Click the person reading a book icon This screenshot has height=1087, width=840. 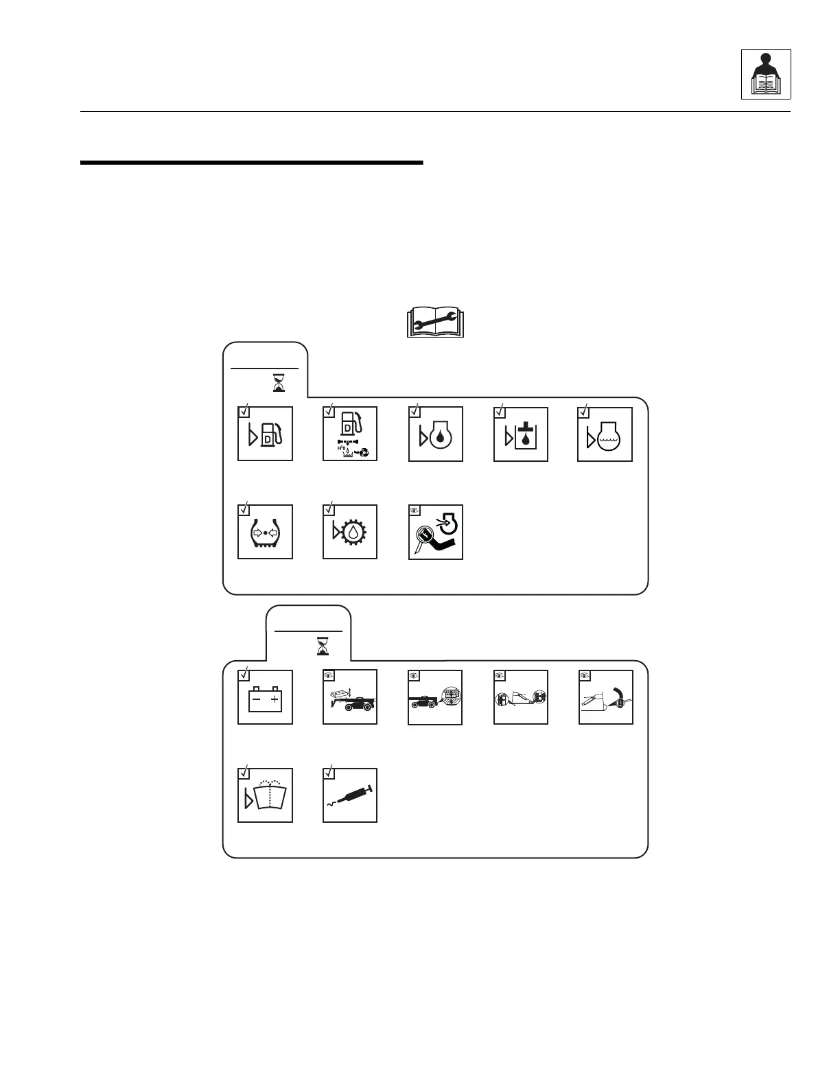pyautogui.click(x=766, y=74)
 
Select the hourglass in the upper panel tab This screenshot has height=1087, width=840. pyautogui.click(x=279, y=382)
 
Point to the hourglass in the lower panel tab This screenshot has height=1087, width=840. pyautogui.click(x=322, y=646)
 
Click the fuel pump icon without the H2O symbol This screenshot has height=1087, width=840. pyautogui.click(x=265, y=434)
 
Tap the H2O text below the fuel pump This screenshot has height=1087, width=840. pyautogui.click(x=341, y=447)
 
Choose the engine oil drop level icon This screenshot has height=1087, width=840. pyautogui.click(x=436, y=436)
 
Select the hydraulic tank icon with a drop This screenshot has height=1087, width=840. pyautogui.click(x=521, y=436)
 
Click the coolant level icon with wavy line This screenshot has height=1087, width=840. pyautogui.click(x=605, y=436)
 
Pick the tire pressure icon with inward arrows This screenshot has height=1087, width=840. pyautogui.click(x=265, y=533)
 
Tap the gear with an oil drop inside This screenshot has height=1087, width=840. pyautogui.click(x=350, y=533)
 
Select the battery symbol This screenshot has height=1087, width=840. pyautogui.click(x=265, y=700)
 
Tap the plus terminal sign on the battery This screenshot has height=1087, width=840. pyautogui.click(x=275, y=700)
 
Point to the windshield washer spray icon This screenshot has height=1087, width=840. pyautogui.click(x=268, y=797)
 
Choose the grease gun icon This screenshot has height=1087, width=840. pyautogui.click(x=350, y=797)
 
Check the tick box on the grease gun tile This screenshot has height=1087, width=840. pyautogui.click(x=329, y=773)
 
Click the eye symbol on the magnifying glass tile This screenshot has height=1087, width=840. pyautogui.click(x=414, y=510)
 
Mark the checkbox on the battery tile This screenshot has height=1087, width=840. pyautogui.click(x=244, y=675)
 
